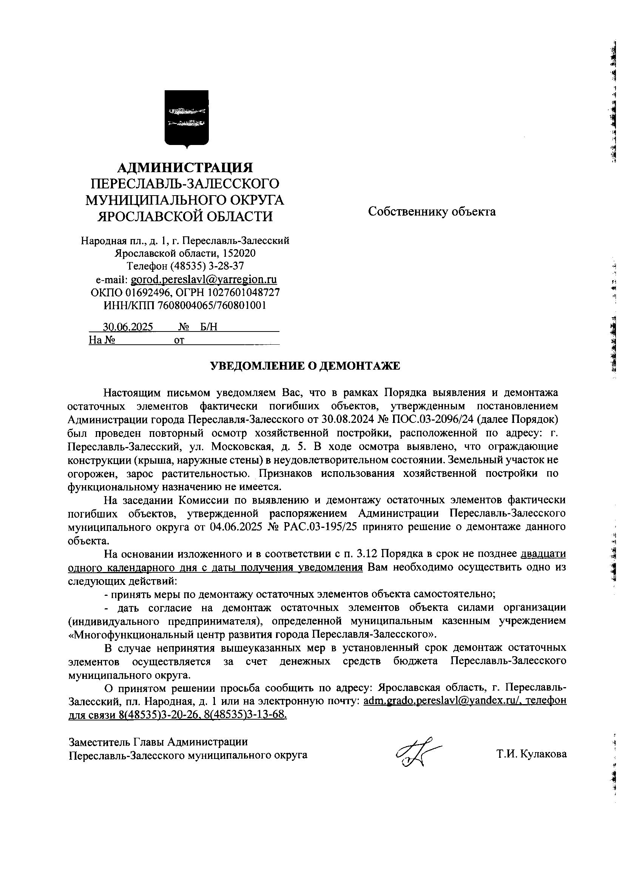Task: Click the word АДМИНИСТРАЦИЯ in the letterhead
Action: [185, 168]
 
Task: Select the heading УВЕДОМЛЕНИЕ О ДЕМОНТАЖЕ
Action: [305, 365]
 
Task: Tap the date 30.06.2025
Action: [128, 327]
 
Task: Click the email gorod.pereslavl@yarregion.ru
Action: [204, 279]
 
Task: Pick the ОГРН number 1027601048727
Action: [242, 292]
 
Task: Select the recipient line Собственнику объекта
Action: [432, 211]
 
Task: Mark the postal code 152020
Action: [239, 253]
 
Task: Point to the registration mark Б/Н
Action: [208, 327]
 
